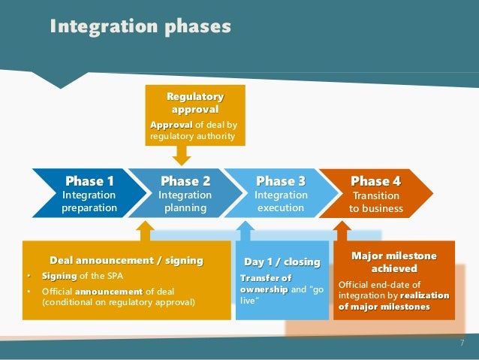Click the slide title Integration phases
[x=140, y=28]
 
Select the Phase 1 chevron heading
[x=89, y=181]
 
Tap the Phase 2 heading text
[x=185, y=181]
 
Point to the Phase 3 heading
[x=281, y=181]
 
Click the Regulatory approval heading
[x=194, y=103]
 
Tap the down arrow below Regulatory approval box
[x=181, y=155]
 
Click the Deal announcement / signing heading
[x=126, y=261]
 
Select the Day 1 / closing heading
[x=282, y=262]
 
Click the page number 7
[x=462, y=343]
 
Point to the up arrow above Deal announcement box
[x=145, y=230]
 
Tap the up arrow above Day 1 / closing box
[x=243, y=230]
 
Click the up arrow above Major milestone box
[x=342, y=230]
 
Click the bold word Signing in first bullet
[x=59, y=277]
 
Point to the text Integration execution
[x=281, y=201]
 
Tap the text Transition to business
[x=376, y=201]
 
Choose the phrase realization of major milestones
[x=394, y=301]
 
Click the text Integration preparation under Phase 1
[x=89, y=201]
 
